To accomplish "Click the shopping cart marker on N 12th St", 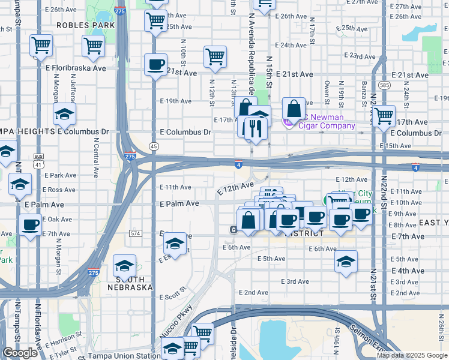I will (x=215, y=57).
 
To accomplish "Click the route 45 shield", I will (x=154, y=146).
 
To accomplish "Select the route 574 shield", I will (x=135, y=233).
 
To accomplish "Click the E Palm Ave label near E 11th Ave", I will (x=179, y=204).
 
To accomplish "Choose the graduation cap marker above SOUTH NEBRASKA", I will (x=124, y=265).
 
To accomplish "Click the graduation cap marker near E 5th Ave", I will (x=345, y=262).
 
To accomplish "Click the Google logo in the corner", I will (x=20, y=353).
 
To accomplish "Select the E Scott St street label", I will (x=173, y=296).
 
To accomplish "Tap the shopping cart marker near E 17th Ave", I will (x=383, y=116).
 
